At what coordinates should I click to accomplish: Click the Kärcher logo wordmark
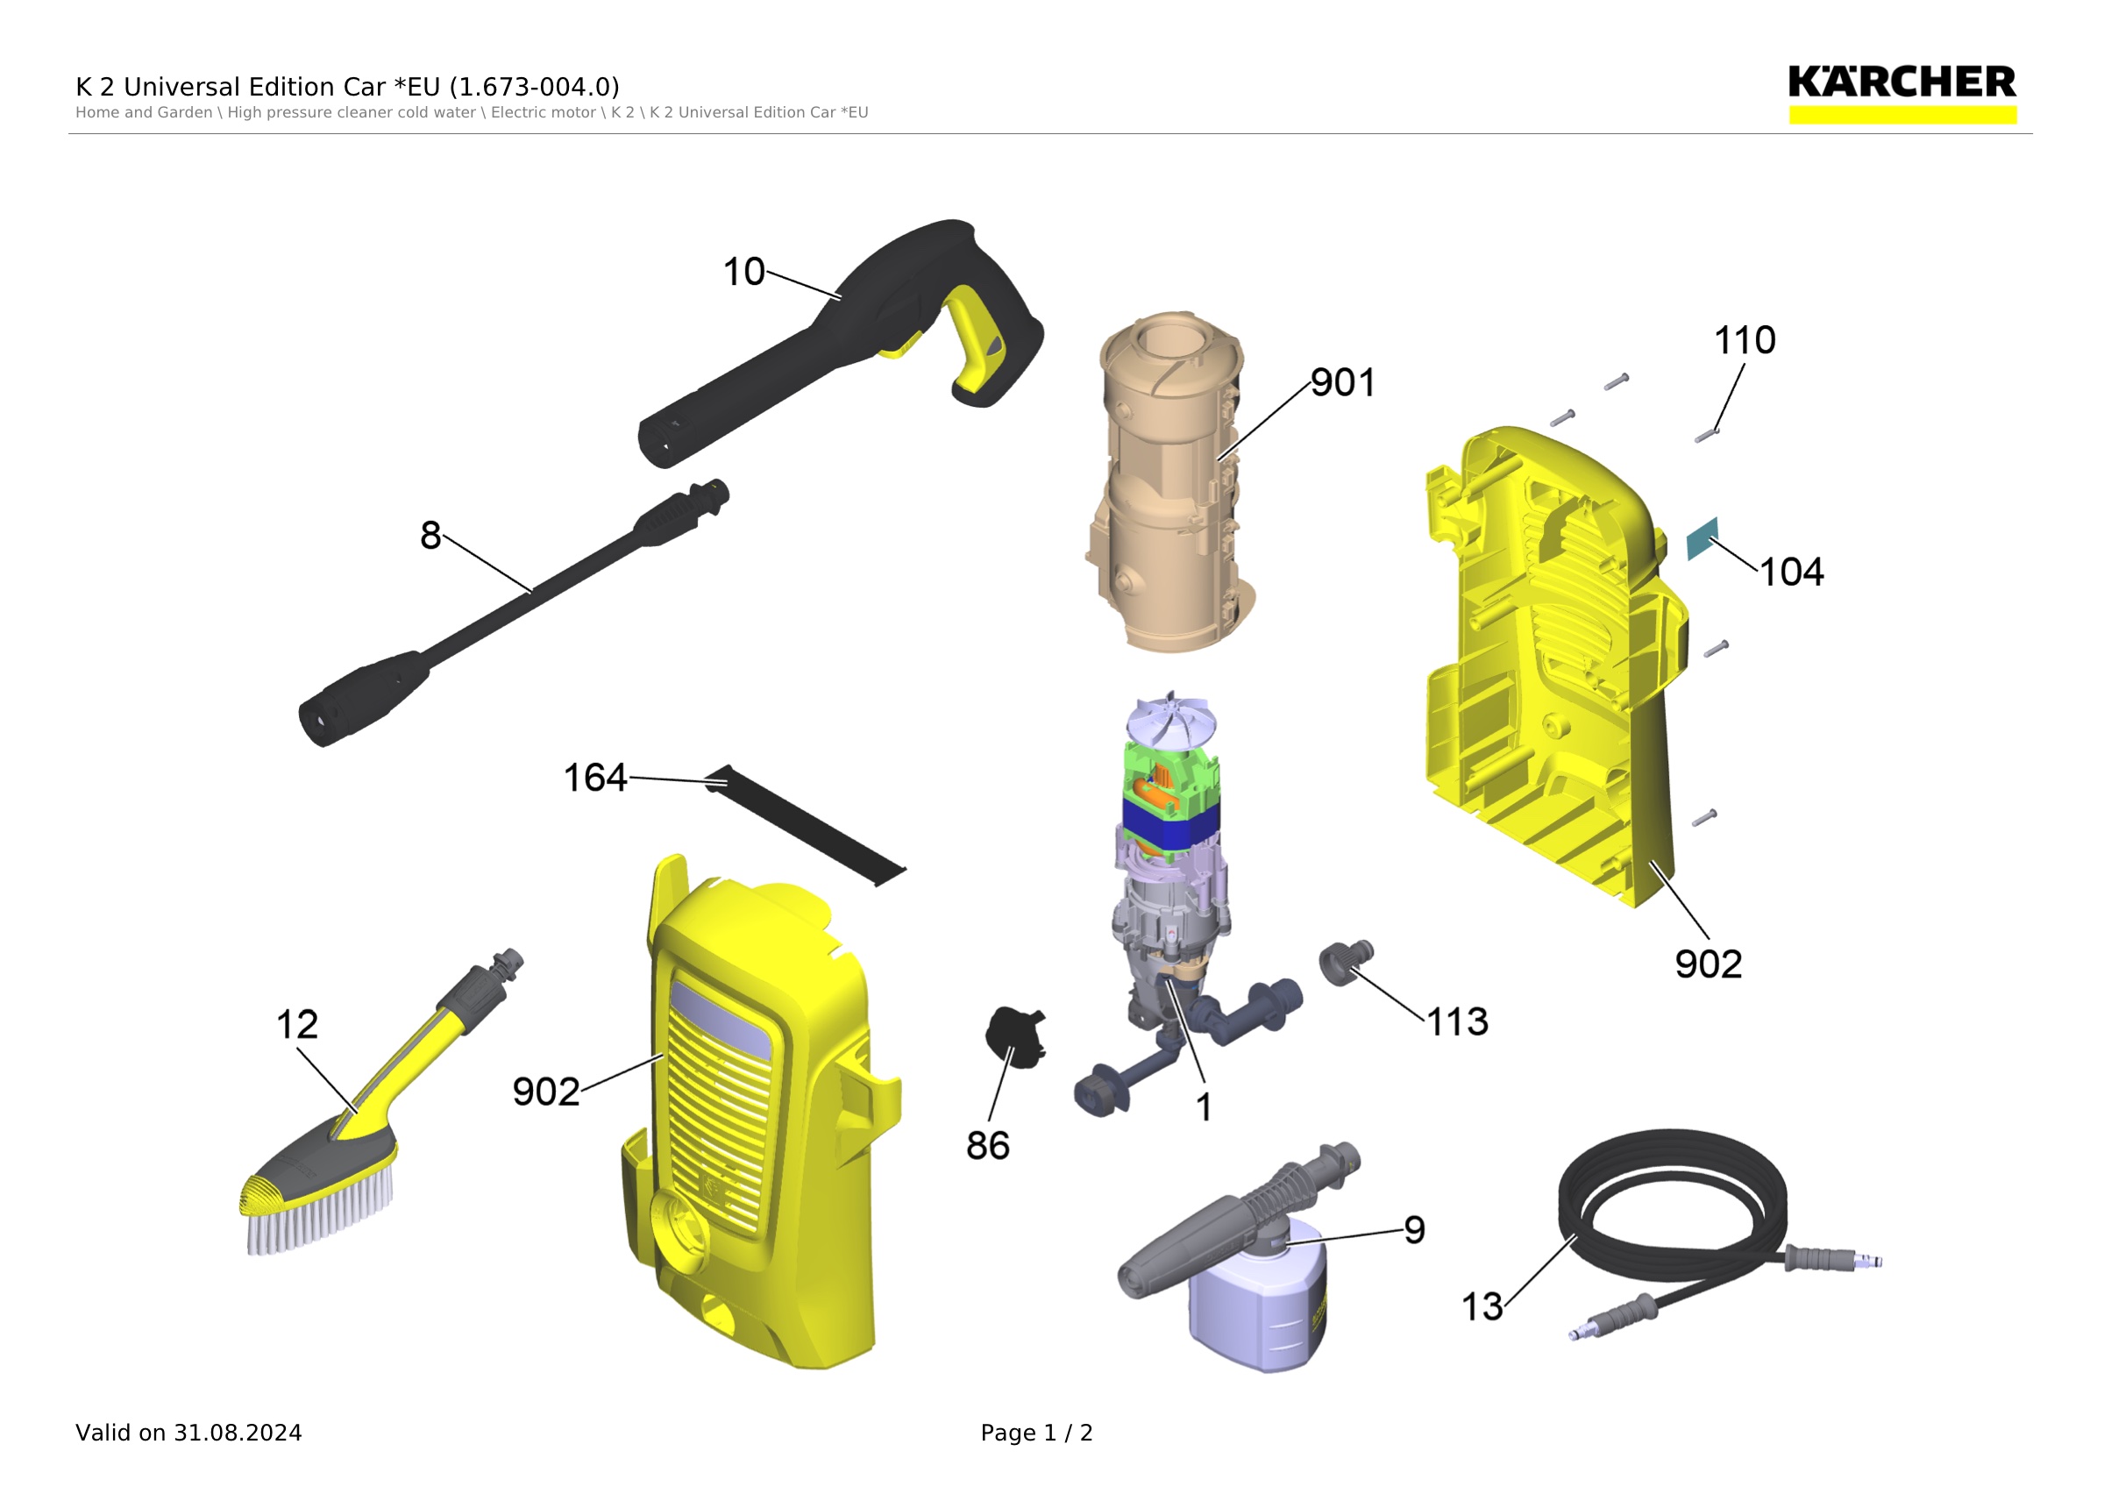point(1901,82)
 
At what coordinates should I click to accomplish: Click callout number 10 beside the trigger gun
point(743,272)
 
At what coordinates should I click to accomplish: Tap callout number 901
point(1342,383)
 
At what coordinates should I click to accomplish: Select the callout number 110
point(1745,341)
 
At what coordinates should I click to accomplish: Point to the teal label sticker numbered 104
point(1702,538)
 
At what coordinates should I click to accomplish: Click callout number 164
point(594,778)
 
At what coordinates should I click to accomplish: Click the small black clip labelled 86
point(1014,1037)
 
